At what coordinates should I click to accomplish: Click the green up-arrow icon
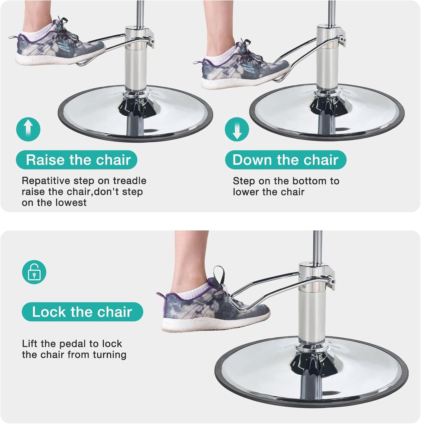[28, 129]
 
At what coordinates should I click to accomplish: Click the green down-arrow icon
[237, 129]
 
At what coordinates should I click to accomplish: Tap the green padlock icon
[34, 272]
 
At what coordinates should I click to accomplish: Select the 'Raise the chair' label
[77, 160]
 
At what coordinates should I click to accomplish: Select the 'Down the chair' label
[286, 160]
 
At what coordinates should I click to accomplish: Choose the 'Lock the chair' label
[82, 312]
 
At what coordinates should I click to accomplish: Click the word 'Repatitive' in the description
[46, 181]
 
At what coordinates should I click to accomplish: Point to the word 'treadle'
[130, 181]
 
